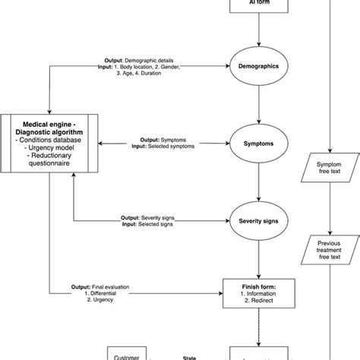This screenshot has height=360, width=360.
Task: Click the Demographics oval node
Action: (x=261, y=66)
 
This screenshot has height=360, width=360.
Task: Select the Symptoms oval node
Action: (x=261, y=143)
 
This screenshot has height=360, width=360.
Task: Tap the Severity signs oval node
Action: (x=261, y=221)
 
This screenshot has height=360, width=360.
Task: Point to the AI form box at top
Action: (x=261, y=6)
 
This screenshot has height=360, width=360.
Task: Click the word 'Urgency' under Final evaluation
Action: (x=99, y=301)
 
